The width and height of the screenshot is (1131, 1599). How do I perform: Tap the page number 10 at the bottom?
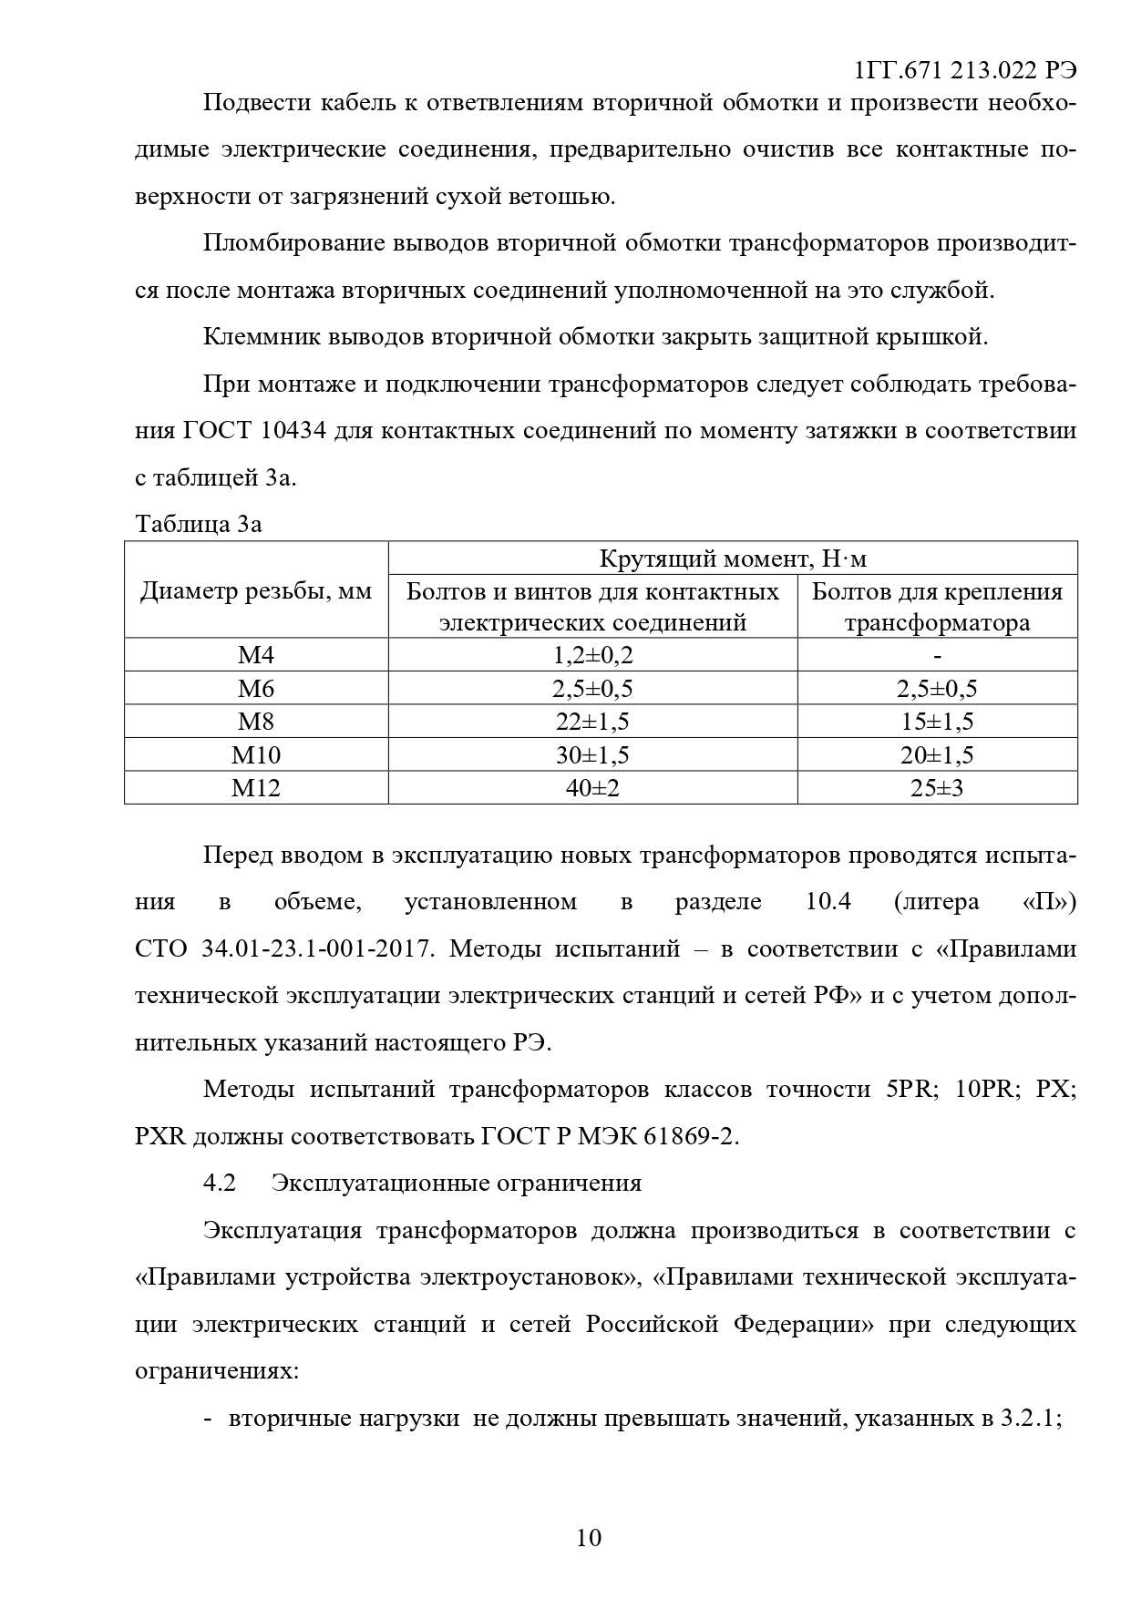tap(589, 1538)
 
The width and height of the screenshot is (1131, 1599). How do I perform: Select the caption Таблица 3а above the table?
tap(199, 525)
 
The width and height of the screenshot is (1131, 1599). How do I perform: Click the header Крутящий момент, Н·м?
tap(732, 559)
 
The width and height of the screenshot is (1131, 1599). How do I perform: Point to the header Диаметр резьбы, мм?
tap(256, 591)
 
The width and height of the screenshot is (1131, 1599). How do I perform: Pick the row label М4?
tap(256, 655)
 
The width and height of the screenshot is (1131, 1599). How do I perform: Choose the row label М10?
tap(256, 754)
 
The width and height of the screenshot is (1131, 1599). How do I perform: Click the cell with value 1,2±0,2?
tap(592, 655)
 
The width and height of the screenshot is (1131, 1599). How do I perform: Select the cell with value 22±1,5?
tap(592, 722)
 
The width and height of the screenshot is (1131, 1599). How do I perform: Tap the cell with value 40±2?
tap(592, 788)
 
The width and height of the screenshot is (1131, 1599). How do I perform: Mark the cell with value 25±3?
tap(937, 788)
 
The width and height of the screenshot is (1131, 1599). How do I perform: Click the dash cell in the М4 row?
tap(937, 655)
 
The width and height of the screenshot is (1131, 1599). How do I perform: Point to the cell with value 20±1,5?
tap(937, 754)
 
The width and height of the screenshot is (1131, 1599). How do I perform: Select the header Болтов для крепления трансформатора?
tap(937, 607)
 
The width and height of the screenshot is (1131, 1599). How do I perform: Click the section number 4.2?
tap(220, 1183)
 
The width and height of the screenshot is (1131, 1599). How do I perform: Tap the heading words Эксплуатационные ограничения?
tap(456, 1183)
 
